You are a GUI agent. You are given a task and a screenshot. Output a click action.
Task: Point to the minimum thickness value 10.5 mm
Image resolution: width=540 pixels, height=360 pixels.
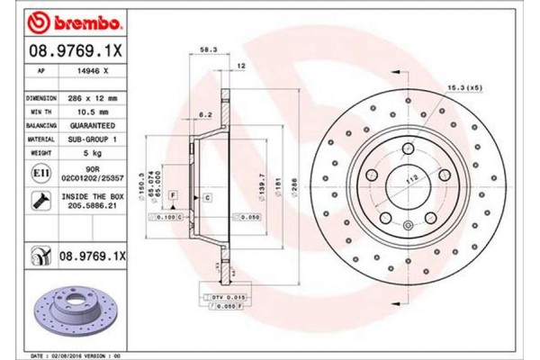coord(92,109)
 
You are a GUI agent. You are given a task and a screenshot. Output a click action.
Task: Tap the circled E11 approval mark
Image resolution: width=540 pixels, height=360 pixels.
coord(41,172)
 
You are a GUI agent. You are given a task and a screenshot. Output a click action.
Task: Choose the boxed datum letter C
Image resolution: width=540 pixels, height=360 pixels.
coord(206,196)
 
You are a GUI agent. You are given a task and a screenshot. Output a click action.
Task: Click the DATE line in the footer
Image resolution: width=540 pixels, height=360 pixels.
coord(81,356)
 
